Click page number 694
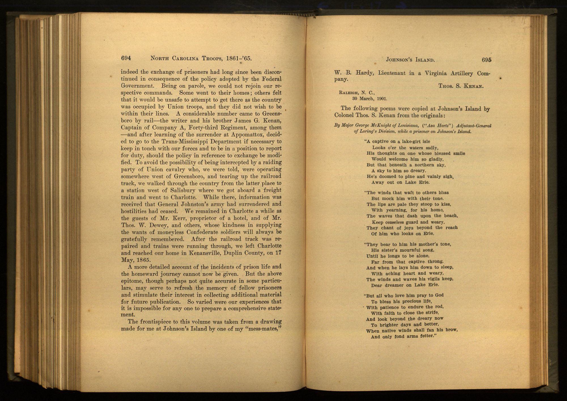pos(126,58)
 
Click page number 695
pos(486,60)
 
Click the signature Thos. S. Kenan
pos(461,86)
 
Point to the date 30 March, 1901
pos(369,99)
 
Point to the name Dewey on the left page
pos(158,225)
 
